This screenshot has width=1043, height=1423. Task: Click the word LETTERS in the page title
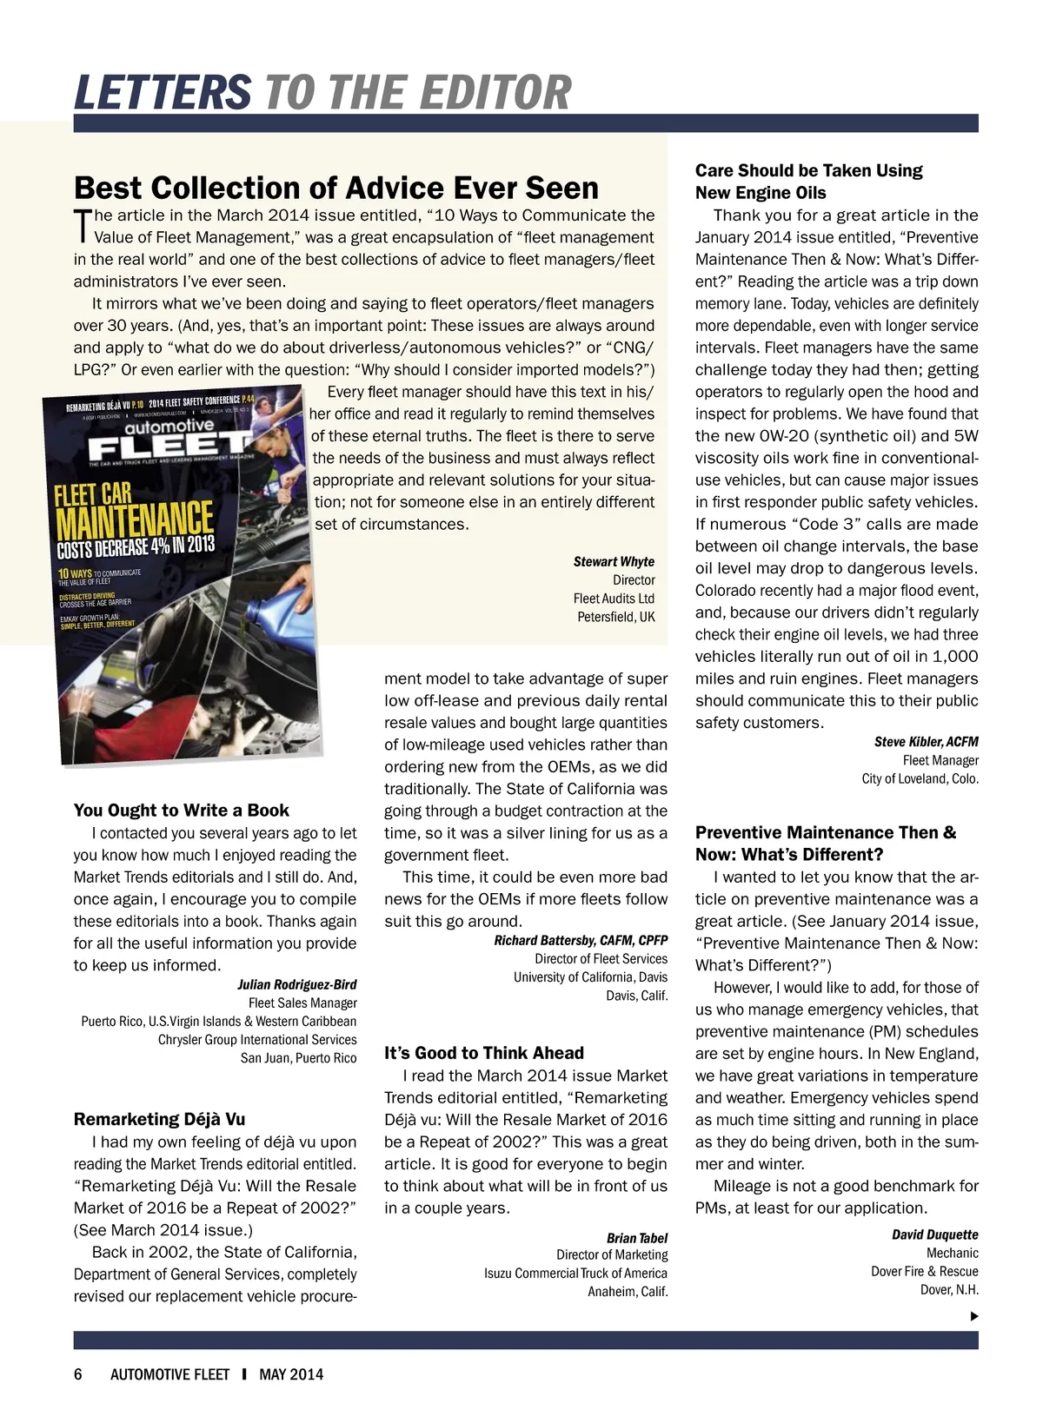pos(163,92)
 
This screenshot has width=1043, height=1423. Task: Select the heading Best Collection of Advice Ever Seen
pos(336,188)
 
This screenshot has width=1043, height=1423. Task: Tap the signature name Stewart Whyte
pos(614,561)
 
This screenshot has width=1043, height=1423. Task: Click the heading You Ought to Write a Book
pos(182,811)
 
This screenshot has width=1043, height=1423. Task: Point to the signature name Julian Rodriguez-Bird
pos(296,984)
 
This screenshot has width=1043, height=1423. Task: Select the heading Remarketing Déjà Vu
pos(159,1119)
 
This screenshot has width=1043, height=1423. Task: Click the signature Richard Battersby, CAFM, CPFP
pos(581,940)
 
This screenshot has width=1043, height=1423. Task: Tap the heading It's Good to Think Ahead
pos(484,1053)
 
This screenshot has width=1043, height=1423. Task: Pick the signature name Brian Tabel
pos(637,1237)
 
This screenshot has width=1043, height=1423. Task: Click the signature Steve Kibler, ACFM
pos(926,741)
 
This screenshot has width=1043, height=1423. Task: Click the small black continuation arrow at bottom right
pos(974,1316)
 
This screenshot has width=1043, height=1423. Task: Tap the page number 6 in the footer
pos(78,1374)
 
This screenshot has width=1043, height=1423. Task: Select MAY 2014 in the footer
pos(291,1374)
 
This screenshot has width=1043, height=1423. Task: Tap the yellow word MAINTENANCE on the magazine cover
pos(135,520)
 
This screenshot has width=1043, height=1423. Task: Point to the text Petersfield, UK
pos(616,617)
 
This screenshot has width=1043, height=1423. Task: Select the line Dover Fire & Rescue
pos(924,1271)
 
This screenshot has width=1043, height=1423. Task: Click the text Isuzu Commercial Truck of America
pos(575,1273)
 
